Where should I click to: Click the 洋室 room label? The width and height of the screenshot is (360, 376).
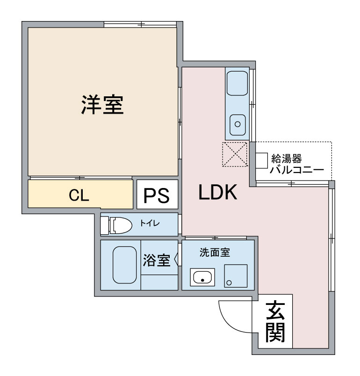coord(102,105)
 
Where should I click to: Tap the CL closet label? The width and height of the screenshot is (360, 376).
coord(79,195)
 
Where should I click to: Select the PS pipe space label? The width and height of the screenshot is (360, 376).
coord(157,195)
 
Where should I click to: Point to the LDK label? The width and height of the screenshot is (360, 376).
coord(218,192)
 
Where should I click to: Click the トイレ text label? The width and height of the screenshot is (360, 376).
coord(150,223)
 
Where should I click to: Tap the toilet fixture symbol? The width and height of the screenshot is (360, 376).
coord(116,225)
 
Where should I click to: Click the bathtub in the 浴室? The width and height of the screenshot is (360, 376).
coord(125,265)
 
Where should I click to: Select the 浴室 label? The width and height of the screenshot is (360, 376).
coord(157,260)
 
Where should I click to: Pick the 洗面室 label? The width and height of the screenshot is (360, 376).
coord(215,252)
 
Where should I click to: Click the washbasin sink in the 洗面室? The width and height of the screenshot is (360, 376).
coord(202,277)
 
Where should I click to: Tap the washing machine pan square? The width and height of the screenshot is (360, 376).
coord(236,276)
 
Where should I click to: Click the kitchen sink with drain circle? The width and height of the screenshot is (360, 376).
coord(238,125)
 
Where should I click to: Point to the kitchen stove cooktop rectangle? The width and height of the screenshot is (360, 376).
coord(237,83)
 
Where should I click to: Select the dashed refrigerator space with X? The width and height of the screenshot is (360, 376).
coord(235,154)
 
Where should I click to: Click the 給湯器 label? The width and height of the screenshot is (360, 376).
coord(287,158)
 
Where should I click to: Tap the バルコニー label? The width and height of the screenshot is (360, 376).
coord(297,170)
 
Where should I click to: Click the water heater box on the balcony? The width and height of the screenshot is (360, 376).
coord(261,160)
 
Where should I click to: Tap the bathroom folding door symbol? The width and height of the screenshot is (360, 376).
coord(177,259)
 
